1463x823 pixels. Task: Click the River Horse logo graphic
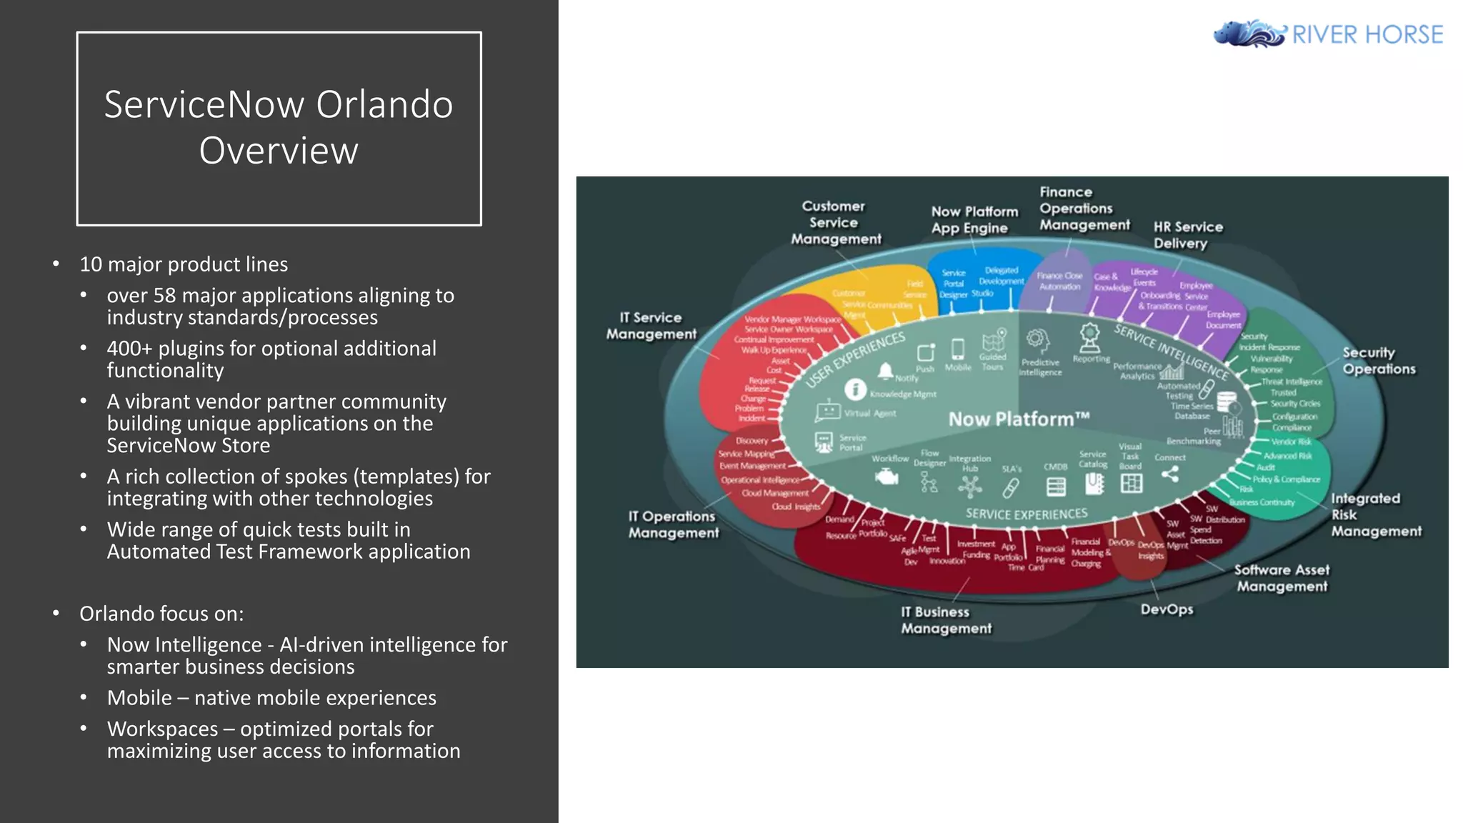1249,34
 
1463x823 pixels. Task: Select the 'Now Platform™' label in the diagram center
1019,419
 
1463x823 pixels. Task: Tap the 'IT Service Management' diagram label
651,326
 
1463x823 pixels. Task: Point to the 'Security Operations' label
1378,361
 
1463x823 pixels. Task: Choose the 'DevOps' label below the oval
1167,609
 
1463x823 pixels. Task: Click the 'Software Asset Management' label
1282,578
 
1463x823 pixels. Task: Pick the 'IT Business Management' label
946,620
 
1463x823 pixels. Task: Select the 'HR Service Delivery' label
1187,235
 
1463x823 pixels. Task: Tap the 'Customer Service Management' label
835,222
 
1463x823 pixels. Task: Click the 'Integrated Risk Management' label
1375,514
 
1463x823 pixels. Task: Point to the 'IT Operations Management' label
673,524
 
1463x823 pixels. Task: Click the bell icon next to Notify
886,370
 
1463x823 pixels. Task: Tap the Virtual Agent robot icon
828,412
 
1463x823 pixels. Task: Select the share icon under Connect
1169,474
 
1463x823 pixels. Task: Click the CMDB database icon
1055,487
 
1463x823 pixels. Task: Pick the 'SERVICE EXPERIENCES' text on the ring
1026,514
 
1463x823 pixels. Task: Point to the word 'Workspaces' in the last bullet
162,729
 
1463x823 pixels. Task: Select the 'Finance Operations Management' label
1084,209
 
